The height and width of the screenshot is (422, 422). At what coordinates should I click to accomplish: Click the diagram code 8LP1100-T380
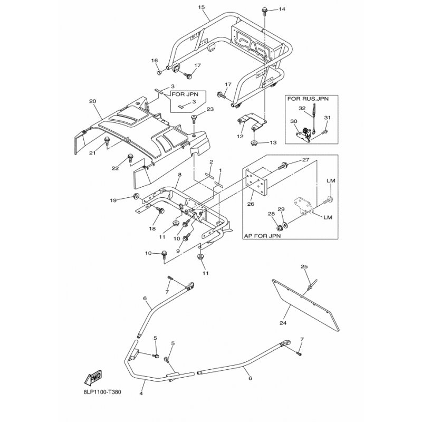tap(102, 392)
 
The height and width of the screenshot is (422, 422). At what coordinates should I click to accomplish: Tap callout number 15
tap(202, 7)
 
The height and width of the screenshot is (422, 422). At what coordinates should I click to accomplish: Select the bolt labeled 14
tap(264, 11)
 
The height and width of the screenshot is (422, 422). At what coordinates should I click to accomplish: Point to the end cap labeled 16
tap(159, 73)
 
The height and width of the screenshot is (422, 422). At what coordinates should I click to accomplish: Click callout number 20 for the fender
tap(93, 101)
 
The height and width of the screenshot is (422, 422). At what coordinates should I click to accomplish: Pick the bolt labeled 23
tap(194, 118)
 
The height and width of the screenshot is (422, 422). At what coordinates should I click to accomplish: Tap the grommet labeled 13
tap(254, 143)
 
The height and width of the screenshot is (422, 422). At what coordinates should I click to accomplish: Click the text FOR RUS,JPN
tap(308, 99)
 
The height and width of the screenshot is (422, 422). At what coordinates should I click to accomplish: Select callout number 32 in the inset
tap(302, 108)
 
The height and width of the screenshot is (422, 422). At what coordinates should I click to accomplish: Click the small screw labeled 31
tap(324, 132)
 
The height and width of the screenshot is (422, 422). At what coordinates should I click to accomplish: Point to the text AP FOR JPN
tap(262, 236)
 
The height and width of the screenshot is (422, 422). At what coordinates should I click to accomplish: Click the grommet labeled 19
tap(136, 196)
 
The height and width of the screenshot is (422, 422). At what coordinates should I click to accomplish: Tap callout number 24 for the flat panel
tap(283, 323)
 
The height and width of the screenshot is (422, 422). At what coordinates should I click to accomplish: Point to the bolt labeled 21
tap(107, 140)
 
